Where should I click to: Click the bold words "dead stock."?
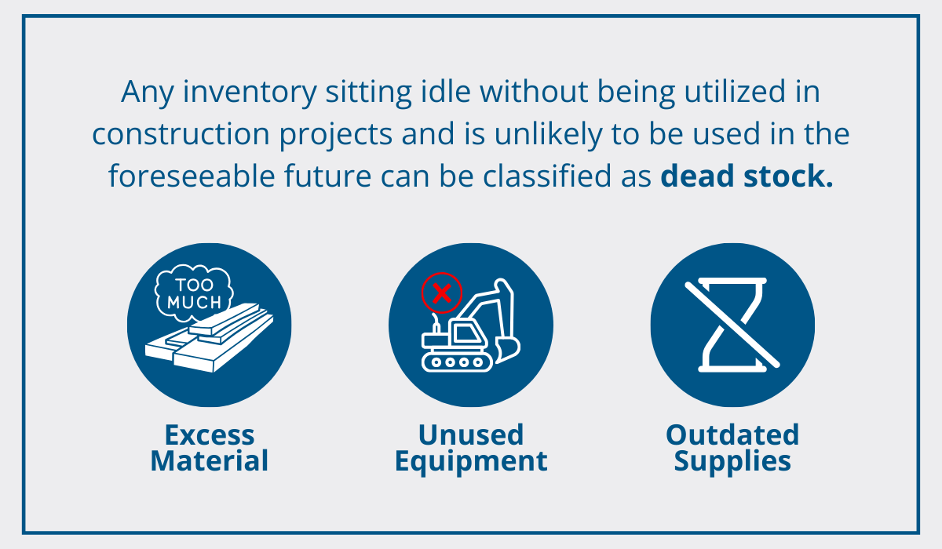[x=747, y=176]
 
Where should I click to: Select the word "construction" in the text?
[x=181, y=134]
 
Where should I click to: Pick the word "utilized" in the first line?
[x=735, y=91]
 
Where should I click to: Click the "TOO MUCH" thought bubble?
[x=194, y=293]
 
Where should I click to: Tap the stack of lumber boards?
[x=210, y=338]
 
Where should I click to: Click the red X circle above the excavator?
[x=442, y=293]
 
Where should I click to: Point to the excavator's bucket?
[x=508, y=350]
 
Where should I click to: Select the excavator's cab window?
[x=467, y=333]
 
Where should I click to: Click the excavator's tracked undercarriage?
[x=457, y=362]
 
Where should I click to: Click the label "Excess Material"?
[x=210, y=448]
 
